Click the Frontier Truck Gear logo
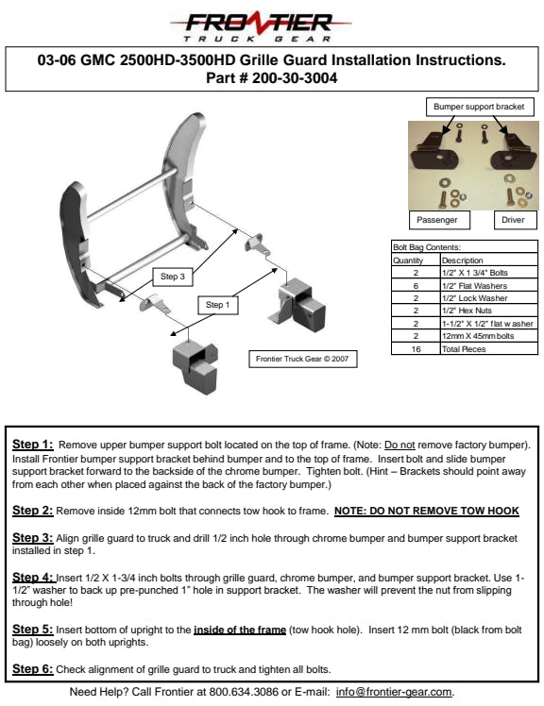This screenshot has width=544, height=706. [x=260, y=26]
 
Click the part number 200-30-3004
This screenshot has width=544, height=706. [x=295, y=78]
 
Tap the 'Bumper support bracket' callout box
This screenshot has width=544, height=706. [x=480, y=107]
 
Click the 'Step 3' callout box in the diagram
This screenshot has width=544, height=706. [x=173, y=277]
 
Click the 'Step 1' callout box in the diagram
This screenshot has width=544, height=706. [x=217, y=305]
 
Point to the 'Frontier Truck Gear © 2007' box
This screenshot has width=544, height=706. [x=302, y=359]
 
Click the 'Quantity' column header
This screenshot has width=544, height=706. [x=408, y=261]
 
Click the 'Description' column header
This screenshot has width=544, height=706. [x=462, y=261]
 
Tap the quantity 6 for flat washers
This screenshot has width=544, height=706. [x=416, y=286]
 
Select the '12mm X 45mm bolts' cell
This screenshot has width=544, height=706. [x=478, y=336]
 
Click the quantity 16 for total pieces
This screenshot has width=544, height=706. [x=416, y=349]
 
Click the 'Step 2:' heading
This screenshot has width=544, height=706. [x=32, y=511]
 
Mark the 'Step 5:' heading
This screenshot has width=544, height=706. [x=32, y=630]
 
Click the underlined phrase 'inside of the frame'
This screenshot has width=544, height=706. [x=240, y=630]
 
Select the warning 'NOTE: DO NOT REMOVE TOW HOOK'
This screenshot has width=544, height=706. [x=426, y=511]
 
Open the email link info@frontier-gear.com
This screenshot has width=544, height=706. [x=394, y=692]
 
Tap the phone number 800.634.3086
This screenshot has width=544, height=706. [x=244, y=692]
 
